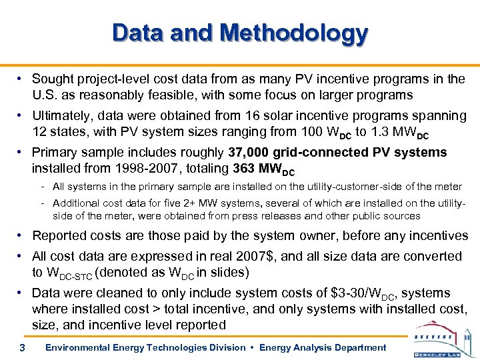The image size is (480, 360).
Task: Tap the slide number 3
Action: tap(22, 347)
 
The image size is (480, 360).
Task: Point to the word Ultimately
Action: tap(61, 115)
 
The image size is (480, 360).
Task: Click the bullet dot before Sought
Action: tap(22, 79)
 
